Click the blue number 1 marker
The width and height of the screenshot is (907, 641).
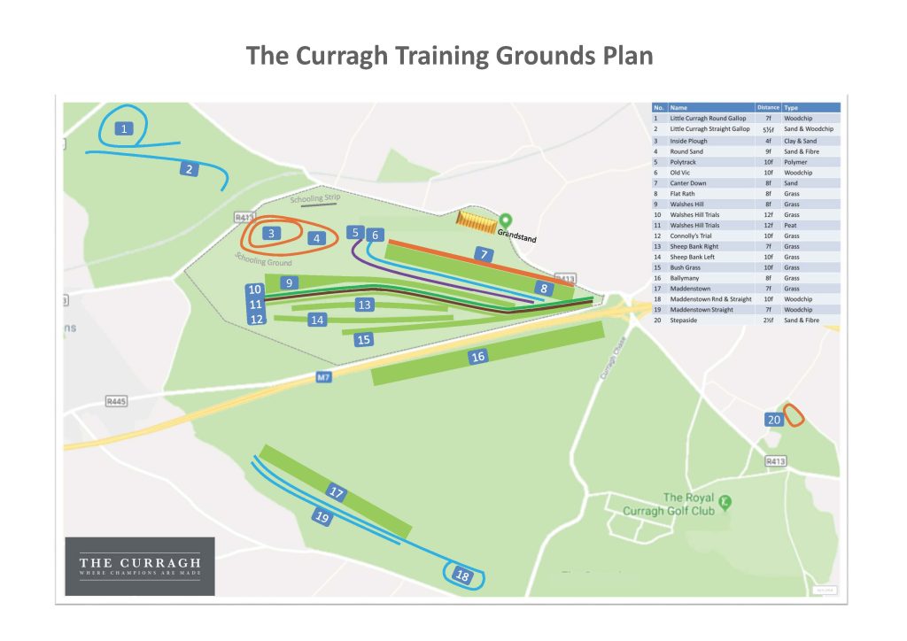tap(125, 129)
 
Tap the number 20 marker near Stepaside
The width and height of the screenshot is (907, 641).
tap(773, 420)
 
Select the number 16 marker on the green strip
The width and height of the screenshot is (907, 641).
tap(478, 356)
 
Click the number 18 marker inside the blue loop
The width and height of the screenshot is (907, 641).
tap(461, 576)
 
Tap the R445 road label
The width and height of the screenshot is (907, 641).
tap(116, 401)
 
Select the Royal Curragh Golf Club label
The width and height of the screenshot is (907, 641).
tap(687, 504)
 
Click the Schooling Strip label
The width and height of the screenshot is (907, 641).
tap(314, 199)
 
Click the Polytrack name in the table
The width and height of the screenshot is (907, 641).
tap(686, 162)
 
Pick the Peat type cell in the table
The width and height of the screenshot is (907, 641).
tap(791, 226)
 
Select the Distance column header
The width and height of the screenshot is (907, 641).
tap(768, 107)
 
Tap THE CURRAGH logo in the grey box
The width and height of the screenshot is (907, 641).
tap(140, 564)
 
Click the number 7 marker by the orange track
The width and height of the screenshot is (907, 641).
tap(484, 254)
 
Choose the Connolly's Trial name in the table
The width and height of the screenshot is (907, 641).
tap(692, 236)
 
